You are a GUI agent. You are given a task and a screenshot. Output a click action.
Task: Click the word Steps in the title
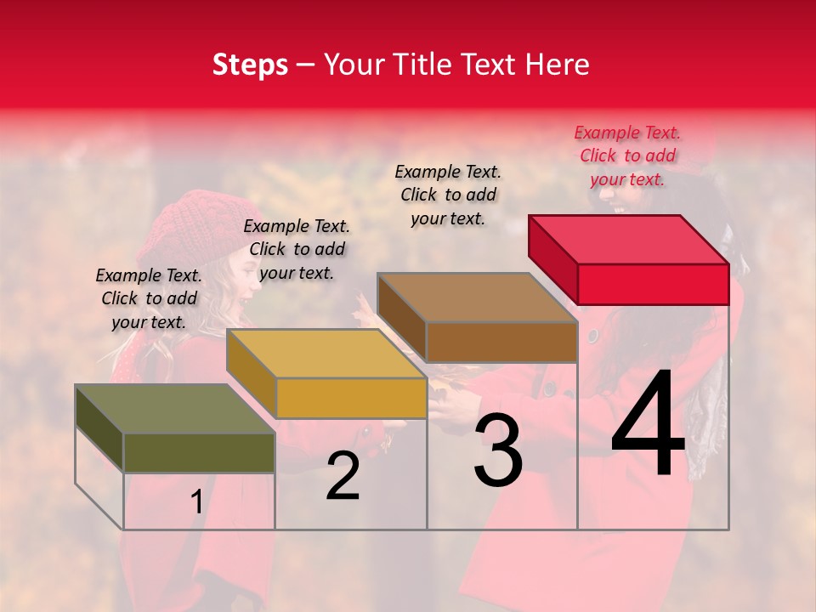250,65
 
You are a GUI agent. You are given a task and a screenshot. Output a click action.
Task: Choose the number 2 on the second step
343,477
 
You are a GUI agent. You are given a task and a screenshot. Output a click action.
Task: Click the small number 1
196,502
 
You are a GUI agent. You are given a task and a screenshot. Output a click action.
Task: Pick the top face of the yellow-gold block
326,354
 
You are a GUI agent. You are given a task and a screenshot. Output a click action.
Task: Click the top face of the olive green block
175,409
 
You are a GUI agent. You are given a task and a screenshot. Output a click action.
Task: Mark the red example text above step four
627,156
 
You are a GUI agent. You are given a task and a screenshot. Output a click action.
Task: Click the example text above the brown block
448,195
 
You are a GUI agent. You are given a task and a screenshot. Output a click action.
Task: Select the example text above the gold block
297,249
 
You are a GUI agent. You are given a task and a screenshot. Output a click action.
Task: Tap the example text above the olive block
149,298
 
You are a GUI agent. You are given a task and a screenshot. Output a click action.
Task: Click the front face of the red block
653,284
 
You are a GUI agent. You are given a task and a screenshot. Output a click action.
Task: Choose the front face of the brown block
501,342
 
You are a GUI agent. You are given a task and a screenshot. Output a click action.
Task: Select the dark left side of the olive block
99,425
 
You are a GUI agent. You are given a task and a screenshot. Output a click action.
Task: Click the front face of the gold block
350,398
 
